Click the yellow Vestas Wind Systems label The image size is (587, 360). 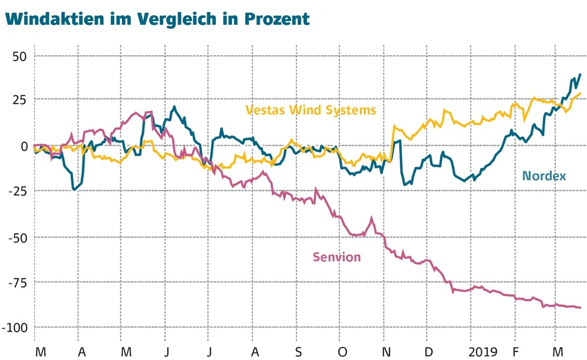[311, 110]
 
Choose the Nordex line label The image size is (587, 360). [544, 176]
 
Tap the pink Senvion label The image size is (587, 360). [336, 257]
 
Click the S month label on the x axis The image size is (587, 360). [298, 351]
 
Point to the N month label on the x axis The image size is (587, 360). [386, 351]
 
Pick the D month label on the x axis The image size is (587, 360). [429, 351]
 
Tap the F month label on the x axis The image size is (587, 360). [517, 351]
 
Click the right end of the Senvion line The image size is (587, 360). [580, 307]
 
